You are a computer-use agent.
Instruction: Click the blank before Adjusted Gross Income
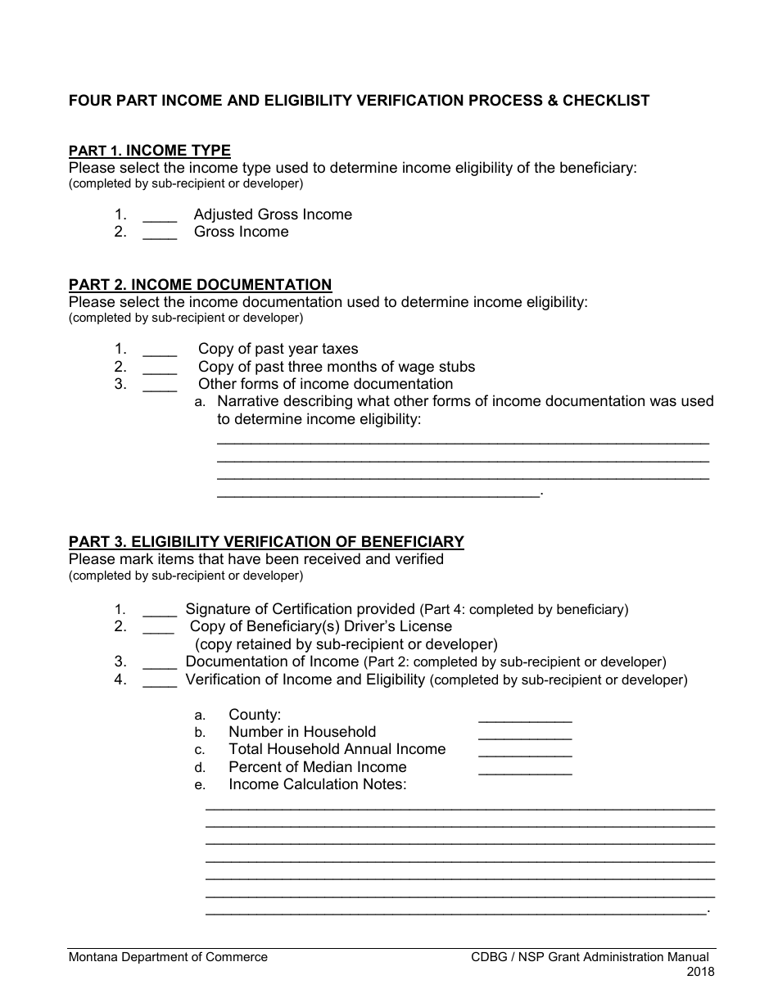(x=160, y=216)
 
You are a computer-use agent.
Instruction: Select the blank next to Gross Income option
(x=160, y=233)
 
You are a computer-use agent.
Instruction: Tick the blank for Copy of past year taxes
(x=160, y=350)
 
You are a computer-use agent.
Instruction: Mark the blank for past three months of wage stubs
(x=160, y=368)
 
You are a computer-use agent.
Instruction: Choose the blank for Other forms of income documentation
(x=160, y=386)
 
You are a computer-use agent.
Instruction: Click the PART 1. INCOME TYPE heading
(x=150, y=151)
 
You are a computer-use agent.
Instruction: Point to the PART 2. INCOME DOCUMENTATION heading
(x=200, y=285)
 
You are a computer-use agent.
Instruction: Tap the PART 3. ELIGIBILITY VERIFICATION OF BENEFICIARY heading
(x=266, y=542)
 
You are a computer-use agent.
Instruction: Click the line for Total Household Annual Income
(x=525, y=752)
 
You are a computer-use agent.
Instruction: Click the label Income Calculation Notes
(x=317, y=784)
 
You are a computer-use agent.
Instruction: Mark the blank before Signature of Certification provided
(x=160, y=611)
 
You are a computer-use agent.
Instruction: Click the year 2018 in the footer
(x=700, y=973)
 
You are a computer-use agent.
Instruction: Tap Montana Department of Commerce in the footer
(x=168, y=957)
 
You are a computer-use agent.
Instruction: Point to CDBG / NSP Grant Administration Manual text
(x=590, y=957)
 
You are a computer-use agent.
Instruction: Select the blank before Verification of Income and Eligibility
(x=160, y=681)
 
